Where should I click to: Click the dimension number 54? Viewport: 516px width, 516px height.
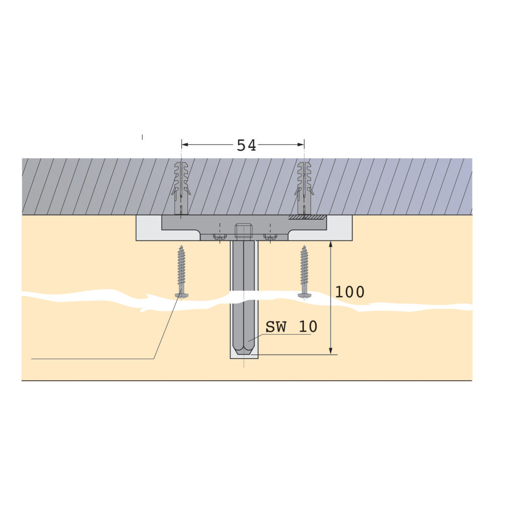click(246, 145)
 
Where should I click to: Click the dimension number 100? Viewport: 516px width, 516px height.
click(350, 292)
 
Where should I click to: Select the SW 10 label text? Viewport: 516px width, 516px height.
click(291, 327)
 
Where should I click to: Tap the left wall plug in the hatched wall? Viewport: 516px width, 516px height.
click(181, 187)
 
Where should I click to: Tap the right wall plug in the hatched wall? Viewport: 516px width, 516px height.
click(304, 187)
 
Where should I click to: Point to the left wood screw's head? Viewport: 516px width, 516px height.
click(181, 295)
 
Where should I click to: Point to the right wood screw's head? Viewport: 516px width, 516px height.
click(304, 295)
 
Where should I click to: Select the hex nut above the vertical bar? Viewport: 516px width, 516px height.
click(243, 230)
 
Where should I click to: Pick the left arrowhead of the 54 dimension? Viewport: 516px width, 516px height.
click(184, 145)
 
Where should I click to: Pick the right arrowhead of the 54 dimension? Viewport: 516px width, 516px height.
click(301, 145)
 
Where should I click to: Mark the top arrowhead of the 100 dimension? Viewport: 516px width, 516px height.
click(331, 244)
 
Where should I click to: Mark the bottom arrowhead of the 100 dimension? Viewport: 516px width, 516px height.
click(331, 351)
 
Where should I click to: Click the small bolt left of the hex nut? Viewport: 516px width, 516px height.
click(220, 236)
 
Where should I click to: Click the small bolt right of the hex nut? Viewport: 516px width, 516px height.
click(270, 236)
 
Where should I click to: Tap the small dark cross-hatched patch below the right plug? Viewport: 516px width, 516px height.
click(307, 217)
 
